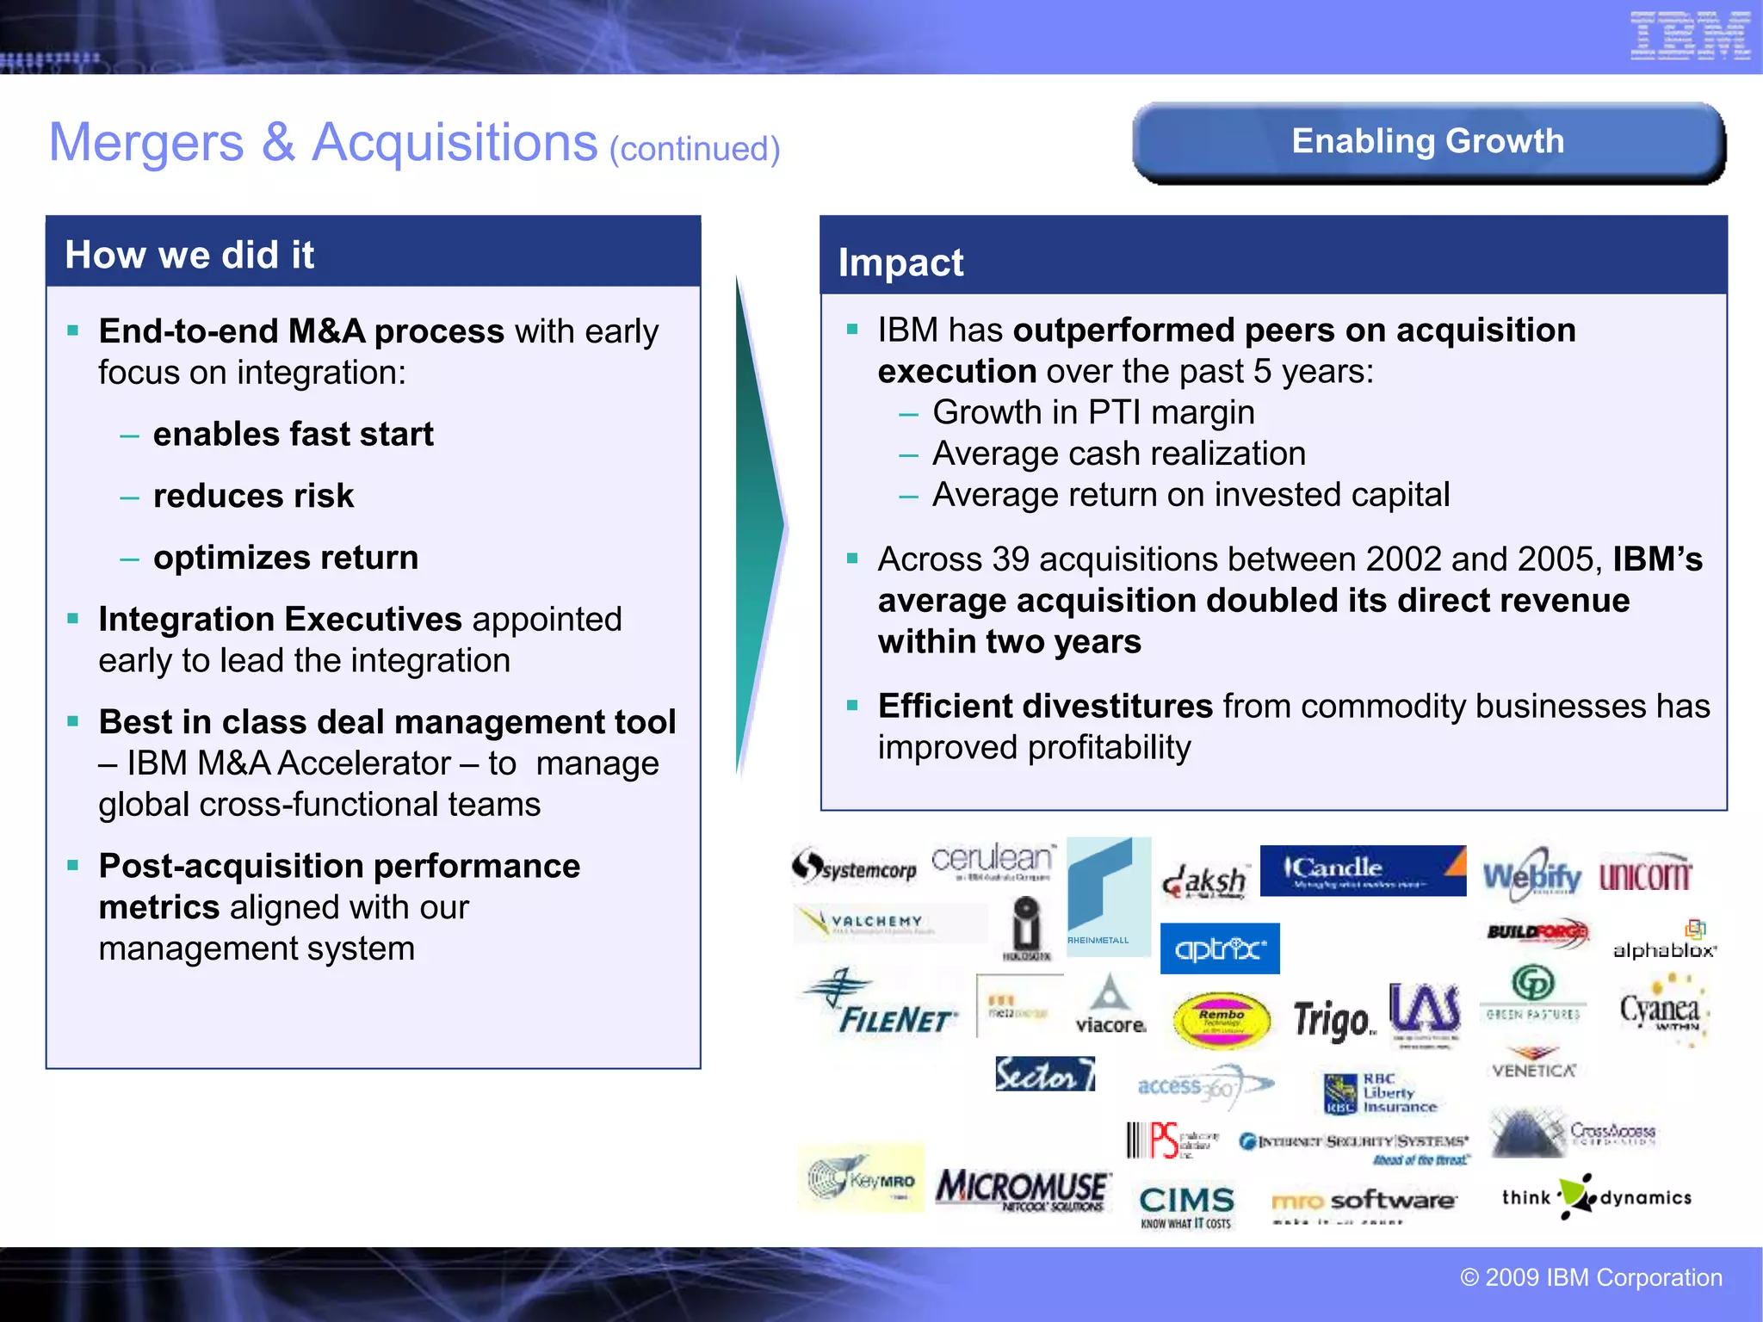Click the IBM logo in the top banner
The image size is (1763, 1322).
click(x=1689, y=36)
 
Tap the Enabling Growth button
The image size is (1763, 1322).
click(x=1428, y=142)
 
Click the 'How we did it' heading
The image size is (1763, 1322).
click(x=189, y=255)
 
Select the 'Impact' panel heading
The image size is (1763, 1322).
click(x=900, y=263)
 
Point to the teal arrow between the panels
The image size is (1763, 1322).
click(x=759, y=525)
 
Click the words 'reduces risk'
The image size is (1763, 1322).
click(x=253, y=496)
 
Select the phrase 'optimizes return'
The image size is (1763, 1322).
click(x=286, y=558)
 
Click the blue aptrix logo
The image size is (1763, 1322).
click(x=1220, y=948)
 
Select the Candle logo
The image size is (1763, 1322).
click(x=1362, y=870)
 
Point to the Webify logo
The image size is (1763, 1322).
click(x=1531, y=876)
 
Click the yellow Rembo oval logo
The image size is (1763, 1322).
click(x=1222, y=1020)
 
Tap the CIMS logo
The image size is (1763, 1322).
click(x=1186, y=1204)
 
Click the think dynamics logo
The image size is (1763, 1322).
click(x=1596, y=1197)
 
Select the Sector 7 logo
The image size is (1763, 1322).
click(x=1044, y=1074)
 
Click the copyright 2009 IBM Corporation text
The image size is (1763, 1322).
click(x=1591, y=1277)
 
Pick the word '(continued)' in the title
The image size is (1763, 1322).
click(x=695, y=149)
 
